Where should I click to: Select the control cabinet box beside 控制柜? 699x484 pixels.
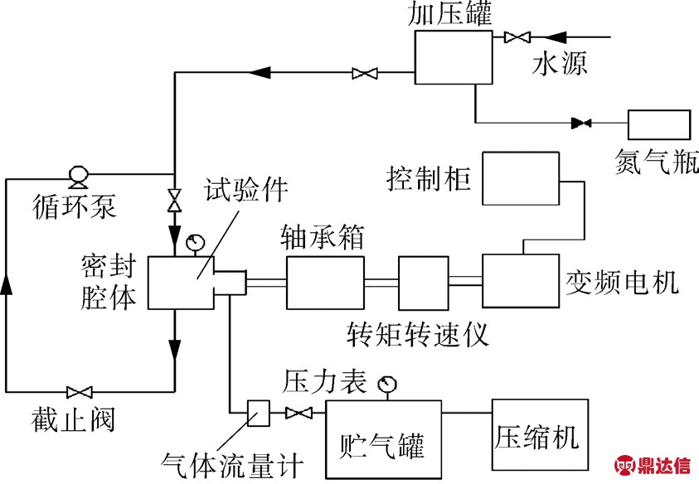coord(518,177)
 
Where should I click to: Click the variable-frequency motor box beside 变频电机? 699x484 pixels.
coord(519,282)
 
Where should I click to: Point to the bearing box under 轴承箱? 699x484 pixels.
coord(325,282)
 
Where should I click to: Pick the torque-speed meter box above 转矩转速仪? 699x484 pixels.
coord(423,282)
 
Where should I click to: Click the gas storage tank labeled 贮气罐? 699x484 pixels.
coord(383,439)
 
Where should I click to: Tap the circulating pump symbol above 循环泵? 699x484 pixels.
coord(80,175)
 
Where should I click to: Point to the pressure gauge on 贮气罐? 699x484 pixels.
coord(386,385)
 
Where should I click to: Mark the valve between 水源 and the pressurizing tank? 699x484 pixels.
coord(517,37)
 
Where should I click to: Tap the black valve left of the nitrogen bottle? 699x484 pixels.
coord(580,124)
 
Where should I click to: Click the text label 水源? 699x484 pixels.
coord(559,65)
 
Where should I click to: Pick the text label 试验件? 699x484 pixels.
coord(245,191)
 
